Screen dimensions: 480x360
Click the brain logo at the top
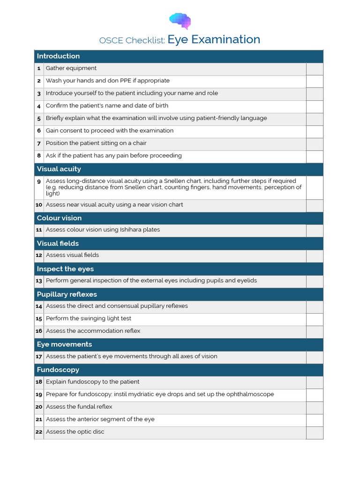coord(180,20)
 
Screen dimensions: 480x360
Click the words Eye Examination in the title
coord(214,40)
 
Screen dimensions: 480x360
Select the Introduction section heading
coord(58,56)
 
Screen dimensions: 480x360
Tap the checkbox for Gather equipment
coord(315,69)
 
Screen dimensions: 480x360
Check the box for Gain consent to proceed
coord(315,131)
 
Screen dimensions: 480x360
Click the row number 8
coord(39,156)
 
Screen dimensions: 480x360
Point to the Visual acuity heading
coord(59,169)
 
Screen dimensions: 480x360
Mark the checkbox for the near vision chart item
coord(315,205)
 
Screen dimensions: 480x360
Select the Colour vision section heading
coord(59,218)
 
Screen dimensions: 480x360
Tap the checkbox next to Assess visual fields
coord(315,256)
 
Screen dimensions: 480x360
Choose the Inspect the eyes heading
coord(65,269)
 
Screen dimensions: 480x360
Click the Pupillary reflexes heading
coord(67,294)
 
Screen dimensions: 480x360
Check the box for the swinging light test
coord(315,319)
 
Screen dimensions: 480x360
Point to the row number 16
coord(39,331)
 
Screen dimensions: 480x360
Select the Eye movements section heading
coord(64,345)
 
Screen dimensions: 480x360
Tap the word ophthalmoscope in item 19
coord(249,395)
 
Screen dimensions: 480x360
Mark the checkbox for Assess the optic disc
coord(315,433)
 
